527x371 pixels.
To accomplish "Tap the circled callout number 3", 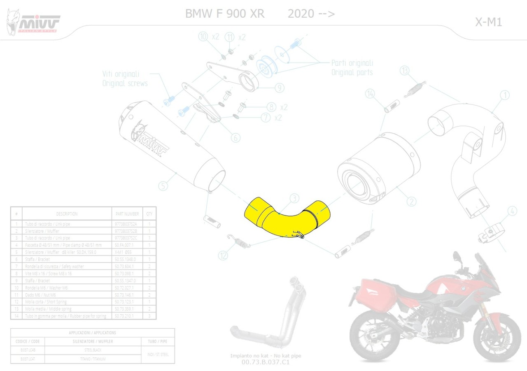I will coord(294,199).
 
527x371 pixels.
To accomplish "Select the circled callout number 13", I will coord(405,71).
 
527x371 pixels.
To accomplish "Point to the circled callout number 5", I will coord(163,186).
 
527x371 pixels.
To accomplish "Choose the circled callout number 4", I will coord(512,212).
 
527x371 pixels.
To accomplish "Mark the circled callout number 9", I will coord(279,88).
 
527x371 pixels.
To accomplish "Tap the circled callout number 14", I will coord(370,95).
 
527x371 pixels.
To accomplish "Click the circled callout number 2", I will coord(411,202).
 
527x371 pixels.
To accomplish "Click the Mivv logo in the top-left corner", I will coord(33,23).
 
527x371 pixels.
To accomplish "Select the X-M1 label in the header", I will coord(488,22).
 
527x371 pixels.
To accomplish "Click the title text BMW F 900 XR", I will coord(225,14).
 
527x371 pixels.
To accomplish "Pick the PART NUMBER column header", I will coord(127,214).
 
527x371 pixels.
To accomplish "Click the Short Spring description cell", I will coord(66,301).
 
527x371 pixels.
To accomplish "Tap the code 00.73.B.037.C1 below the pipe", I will coord(266,362).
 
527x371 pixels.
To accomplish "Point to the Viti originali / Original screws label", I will coord(125,79).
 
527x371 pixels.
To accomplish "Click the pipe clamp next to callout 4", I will coord(488,235).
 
